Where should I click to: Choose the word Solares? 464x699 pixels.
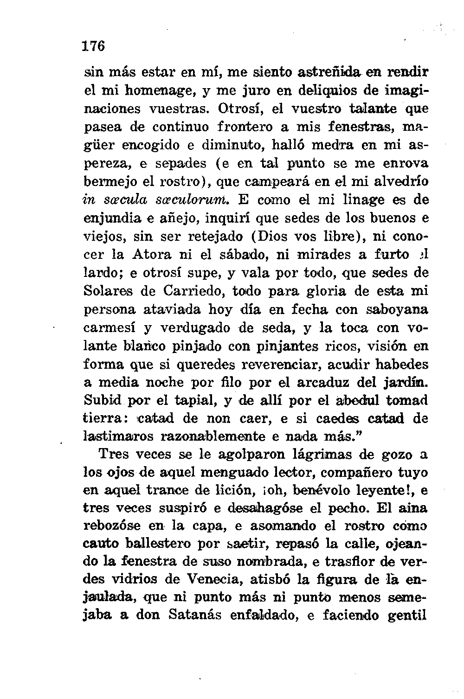pos(110,291)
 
